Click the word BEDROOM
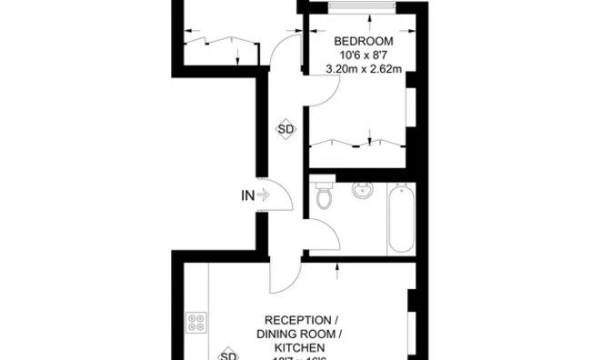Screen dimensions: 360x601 363,42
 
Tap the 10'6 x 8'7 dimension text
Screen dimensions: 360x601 363,55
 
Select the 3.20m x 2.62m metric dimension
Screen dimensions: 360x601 363,69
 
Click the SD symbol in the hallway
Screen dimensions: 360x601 285,130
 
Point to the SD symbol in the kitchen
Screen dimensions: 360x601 229,355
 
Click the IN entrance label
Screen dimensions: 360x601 247,194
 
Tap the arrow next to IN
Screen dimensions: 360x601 264,194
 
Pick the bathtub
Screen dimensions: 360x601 402,218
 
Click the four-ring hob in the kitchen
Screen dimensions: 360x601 196,322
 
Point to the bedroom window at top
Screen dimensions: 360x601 362,7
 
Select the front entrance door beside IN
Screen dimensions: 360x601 280,194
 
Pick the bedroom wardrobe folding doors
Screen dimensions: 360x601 355,142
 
